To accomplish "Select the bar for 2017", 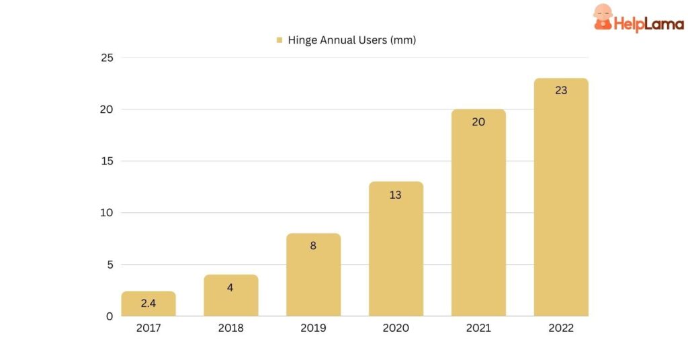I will (x=148, y=304).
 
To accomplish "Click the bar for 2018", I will (x=231, y=296).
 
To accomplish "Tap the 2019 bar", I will (x=313, y=275).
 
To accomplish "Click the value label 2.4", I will (x=148, y=304).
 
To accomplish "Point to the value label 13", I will (x=396, y=195).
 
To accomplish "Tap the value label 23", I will (x=561, y=90).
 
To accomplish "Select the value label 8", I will (x=313, y=246).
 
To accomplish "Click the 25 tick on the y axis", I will (x=107, y=58).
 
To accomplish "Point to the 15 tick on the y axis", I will (x=107, y=161).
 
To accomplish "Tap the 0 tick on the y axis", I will (x=110, y=316).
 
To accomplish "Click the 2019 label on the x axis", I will (x=313, y=328).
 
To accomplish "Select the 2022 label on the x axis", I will (x=561, y=328).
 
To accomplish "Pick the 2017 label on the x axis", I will (x=148, y=328).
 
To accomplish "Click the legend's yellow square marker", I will (x=279, y=40).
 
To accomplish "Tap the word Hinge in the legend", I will (x=302, y=40).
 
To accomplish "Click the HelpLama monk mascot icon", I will (x=603, y=17).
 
